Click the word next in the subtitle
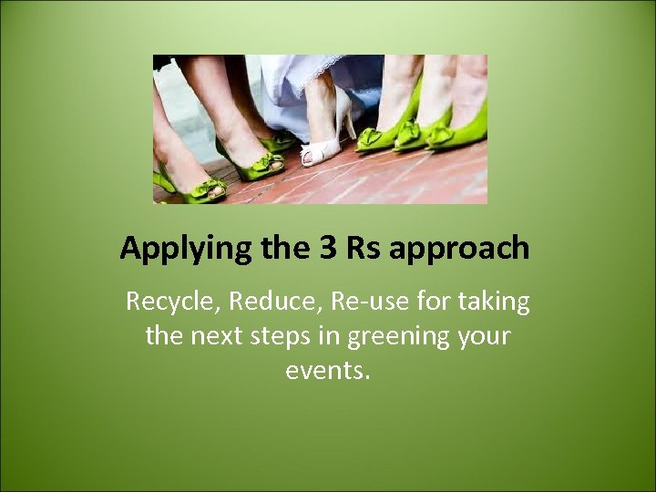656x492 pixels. pyautogui.click(x=217, y=336)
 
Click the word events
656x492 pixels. pyautogui.click(x=328, y=372)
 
